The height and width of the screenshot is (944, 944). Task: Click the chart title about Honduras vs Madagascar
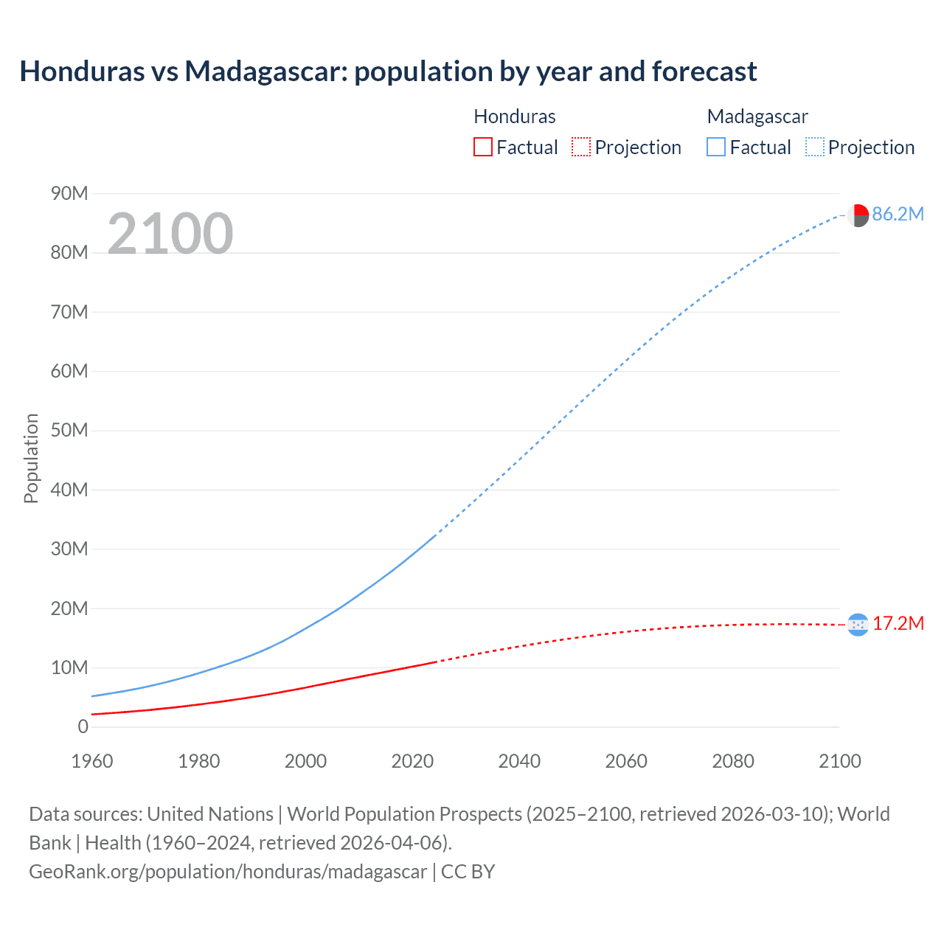[388, 72]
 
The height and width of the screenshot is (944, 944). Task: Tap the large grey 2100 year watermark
[170, 234]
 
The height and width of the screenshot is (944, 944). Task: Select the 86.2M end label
[898, 215]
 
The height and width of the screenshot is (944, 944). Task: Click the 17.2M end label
[898, 624]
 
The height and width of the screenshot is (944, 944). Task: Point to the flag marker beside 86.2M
[858, 215]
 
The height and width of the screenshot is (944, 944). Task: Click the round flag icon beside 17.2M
[858, 625]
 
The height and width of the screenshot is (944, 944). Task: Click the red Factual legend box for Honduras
[483, 147]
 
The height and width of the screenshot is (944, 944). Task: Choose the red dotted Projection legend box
[581, 147]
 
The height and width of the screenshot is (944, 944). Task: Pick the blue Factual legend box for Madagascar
[716, 147]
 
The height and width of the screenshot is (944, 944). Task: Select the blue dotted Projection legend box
[815, 147]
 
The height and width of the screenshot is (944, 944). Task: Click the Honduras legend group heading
[514, 117]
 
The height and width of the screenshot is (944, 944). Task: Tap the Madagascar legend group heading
[757, 117]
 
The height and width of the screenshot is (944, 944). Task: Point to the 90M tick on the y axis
[69, 194]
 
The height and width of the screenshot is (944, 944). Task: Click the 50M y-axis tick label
[69, 431]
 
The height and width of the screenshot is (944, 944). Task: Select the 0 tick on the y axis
[83, 727]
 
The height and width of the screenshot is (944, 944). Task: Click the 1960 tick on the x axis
[92, 761]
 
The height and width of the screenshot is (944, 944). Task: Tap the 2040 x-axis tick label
[519, 761]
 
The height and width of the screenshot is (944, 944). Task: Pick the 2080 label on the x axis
[733, 761]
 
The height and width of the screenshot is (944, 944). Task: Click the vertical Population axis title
[31, 458]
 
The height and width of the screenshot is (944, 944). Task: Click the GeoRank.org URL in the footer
[228, 872]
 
